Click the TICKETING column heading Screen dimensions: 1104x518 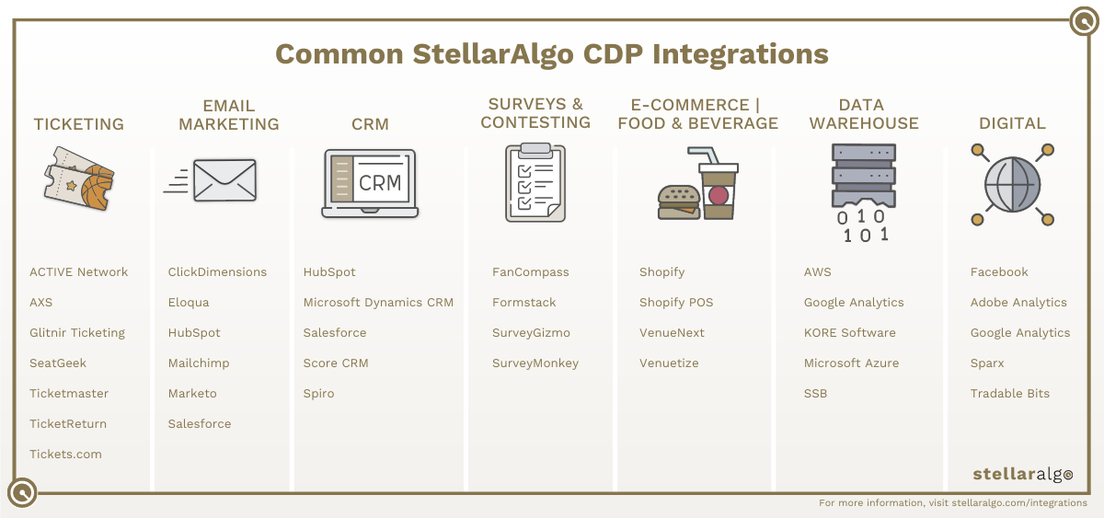point(79,124)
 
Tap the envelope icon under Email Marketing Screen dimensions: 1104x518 point(224,180)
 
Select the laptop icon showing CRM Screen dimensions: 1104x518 point(370,183)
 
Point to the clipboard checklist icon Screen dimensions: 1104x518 point(535,183)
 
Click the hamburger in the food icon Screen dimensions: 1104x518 point(679,202)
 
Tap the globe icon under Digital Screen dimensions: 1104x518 point(1012,185)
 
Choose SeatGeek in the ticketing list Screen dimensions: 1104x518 point(58,363)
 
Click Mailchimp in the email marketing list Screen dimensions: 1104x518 point(199,363)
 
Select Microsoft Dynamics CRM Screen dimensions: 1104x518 point(378,303)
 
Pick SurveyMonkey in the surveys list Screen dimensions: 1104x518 point(535,363)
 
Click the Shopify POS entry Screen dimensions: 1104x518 point(676,303)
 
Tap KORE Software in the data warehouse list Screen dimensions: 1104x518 point(850,333)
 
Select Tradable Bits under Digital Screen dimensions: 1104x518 point(1010,393)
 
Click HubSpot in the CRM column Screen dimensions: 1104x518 point(329,272)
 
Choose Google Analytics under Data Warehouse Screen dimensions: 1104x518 point(854,303)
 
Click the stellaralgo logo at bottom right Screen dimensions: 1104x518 point(1023,474)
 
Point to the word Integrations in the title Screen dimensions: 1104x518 point(741,54)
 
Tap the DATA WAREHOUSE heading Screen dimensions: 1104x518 point(864,114)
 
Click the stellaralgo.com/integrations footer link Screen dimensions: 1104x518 point(1019,502)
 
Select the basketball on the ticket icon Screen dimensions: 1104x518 point(98,188)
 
